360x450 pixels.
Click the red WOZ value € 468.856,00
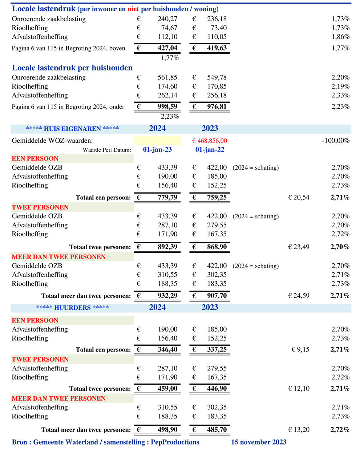209,141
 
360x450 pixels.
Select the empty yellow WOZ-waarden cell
157,141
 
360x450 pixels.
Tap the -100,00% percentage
336,141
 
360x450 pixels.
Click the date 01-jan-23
157,150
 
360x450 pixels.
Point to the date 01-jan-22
210,150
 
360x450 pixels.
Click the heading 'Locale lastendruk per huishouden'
72,68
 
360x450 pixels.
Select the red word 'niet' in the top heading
133,9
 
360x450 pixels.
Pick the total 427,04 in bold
167,48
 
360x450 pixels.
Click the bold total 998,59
167,106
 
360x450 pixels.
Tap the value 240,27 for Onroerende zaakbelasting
167,19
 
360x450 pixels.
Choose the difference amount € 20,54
299,197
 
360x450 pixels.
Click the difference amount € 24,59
299,296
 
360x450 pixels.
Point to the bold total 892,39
167,247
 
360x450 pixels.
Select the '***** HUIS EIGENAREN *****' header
72,129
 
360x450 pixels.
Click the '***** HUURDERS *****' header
72,308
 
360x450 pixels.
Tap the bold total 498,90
167,430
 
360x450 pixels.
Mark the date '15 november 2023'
259,442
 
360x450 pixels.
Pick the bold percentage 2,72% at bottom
340,430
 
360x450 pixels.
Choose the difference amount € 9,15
300,349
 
